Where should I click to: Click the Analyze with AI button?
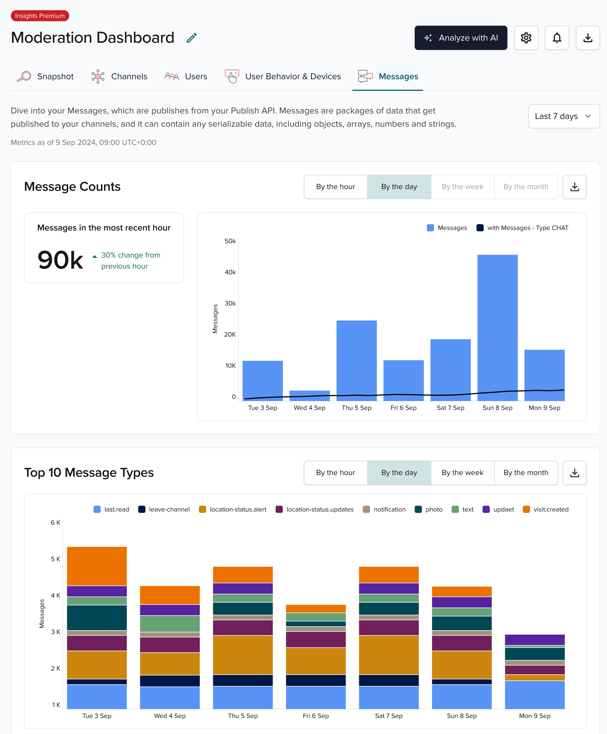click(460, 38)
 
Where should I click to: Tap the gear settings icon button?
click(526, 38)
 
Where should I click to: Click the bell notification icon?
click(557, 38)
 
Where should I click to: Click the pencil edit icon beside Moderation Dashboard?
click(191, 38)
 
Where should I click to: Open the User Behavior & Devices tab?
click(283, 76)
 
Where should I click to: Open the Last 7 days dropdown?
click(564, 116)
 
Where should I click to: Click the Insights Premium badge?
click(40, 16)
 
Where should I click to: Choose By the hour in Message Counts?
click(336, 187)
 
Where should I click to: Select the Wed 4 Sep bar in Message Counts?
click(310, 395)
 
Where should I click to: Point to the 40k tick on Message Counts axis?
click(230, 272)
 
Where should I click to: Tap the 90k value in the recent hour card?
click(60, 260)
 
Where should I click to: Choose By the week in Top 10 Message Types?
click(462, 473)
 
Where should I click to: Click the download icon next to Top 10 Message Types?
click(574, 473)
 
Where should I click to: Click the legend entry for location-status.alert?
click(233, 509)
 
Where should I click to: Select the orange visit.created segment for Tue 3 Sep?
click(97, 566)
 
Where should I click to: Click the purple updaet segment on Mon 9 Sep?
click(535, 639)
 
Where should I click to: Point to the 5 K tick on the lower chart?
click(55, 559)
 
